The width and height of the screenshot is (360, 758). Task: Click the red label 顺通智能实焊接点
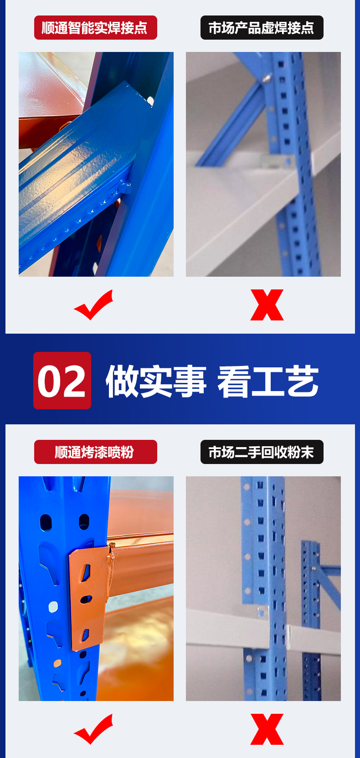(x=95, y=28)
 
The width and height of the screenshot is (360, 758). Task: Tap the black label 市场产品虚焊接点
(x=262, y=28)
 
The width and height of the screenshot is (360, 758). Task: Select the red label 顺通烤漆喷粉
(x=95, y=452)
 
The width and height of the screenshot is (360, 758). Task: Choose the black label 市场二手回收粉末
(x=262, y=452)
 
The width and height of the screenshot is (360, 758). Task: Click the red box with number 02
(x=62, y=381)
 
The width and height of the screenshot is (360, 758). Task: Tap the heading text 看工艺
(x=268, y=381)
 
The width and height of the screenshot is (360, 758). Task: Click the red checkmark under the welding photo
(x=93, y=305)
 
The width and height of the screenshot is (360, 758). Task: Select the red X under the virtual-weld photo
(x=267, y=305)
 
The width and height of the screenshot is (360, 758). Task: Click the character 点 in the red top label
(x=140, y=28)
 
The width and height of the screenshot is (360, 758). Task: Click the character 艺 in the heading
(x=303, y=381)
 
